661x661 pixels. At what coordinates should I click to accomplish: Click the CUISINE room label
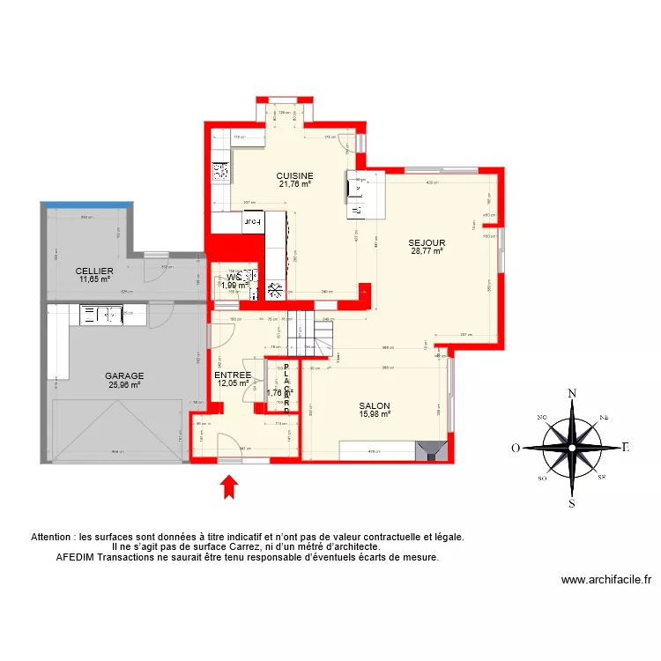tap(294, 175)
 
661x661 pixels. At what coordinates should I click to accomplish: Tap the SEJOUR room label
tap(427, 242)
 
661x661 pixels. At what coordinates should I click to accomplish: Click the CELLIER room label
tap(93, 271)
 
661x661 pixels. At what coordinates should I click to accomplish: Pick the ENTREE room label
tap(234, 375)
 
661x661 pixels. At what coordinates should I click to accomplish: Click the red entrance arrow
tap(228, 486)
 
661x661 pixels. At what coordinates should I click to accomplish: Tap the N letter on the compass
tap(572, 393)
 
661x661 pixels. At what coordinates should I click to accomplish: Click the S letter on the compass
tap(572, 504)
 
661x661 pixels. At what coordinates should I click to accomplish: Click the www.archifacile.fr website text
tap(605, 580)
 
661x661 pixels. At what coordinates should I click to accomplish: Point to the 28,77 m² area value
tap(427, 251)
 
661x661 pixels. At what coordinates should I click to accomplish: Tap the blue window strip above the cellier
tap(89, 205)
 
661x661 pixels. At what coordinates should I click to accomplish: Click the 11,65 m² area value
tap(93, 279)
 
